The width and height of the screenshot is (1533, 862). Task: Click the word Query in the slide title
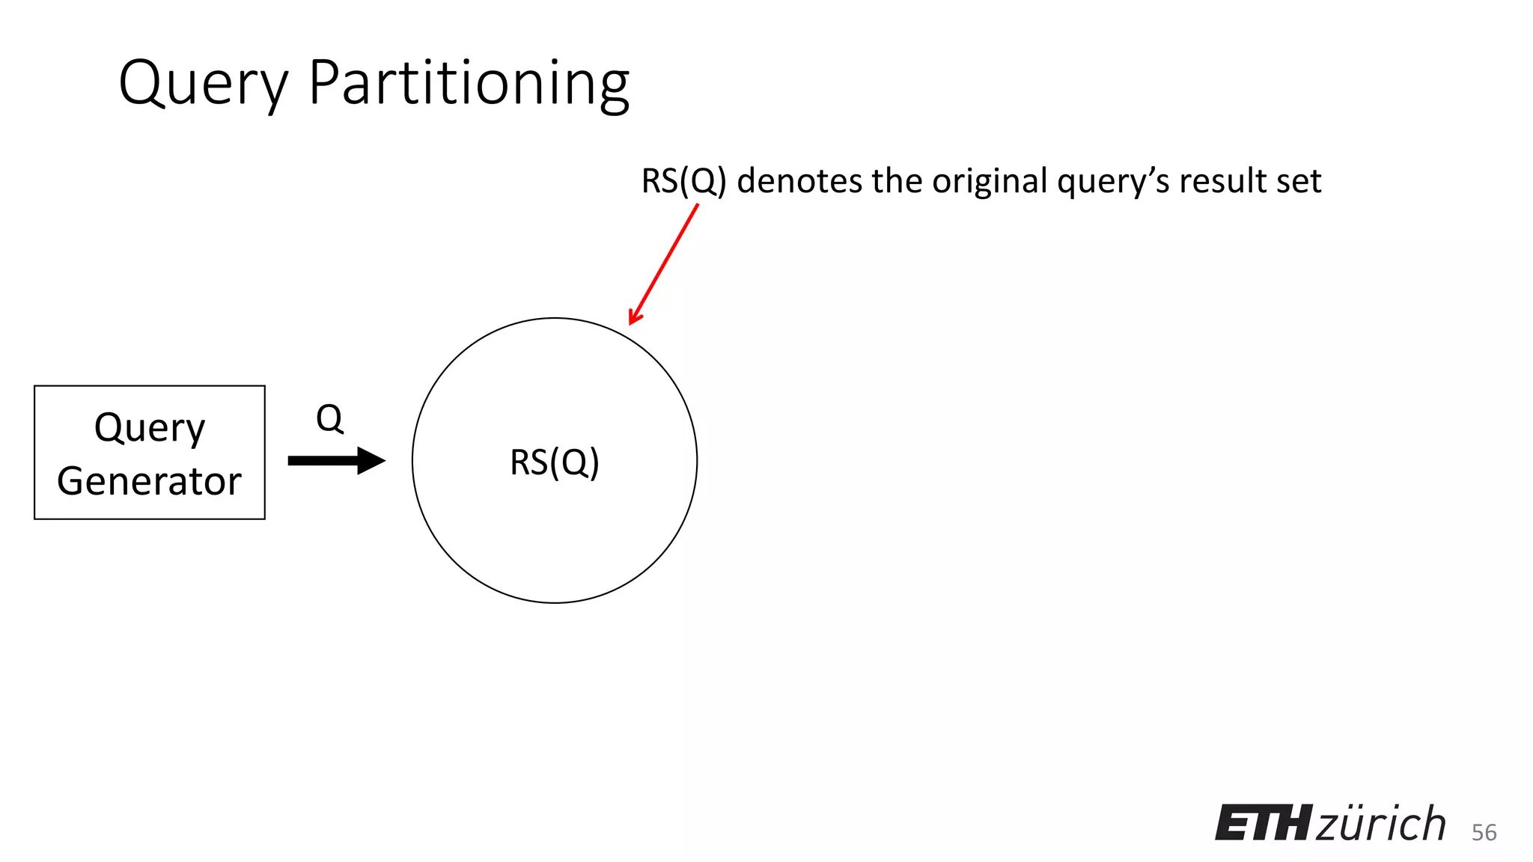(203, 84)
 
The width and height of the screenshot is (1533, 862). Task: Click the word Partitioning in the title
(469, 84)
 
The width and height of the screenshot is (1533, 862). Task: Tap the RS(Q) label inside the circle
(555, 462)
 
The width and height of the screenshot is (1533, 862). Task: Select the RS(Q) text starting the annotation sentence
(683, 181)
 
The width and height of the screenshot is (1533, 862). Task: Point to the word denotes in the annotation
(799, 181)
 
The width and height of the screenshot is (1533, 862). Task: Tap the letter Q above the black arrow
(329, 418)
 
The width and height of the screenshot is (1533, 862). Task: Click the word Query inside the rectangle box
(150, 429)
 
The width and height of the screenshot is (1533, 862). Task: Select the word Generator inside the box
(150, 481)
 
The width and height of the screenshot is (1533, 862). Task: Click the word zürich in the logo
(1380, 824)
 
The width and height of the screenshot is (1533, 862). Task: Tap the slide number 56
(1484, 832)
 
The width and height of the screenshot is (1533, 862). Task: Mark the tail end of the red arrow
(697, 206)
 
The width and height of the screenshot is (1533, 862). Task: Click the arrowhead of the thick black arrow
(373, 460)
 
